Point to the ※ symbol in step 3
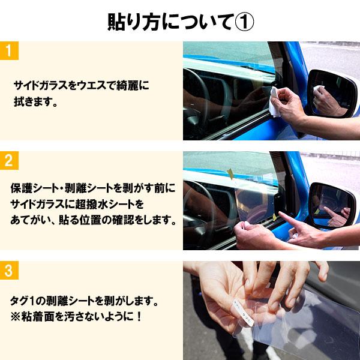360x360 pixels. click(x=17, y=315)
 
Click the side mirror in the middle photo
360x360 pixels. click(x=332, y=205)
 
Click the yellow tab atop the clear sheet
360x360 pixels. click(x=230, y=173)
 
